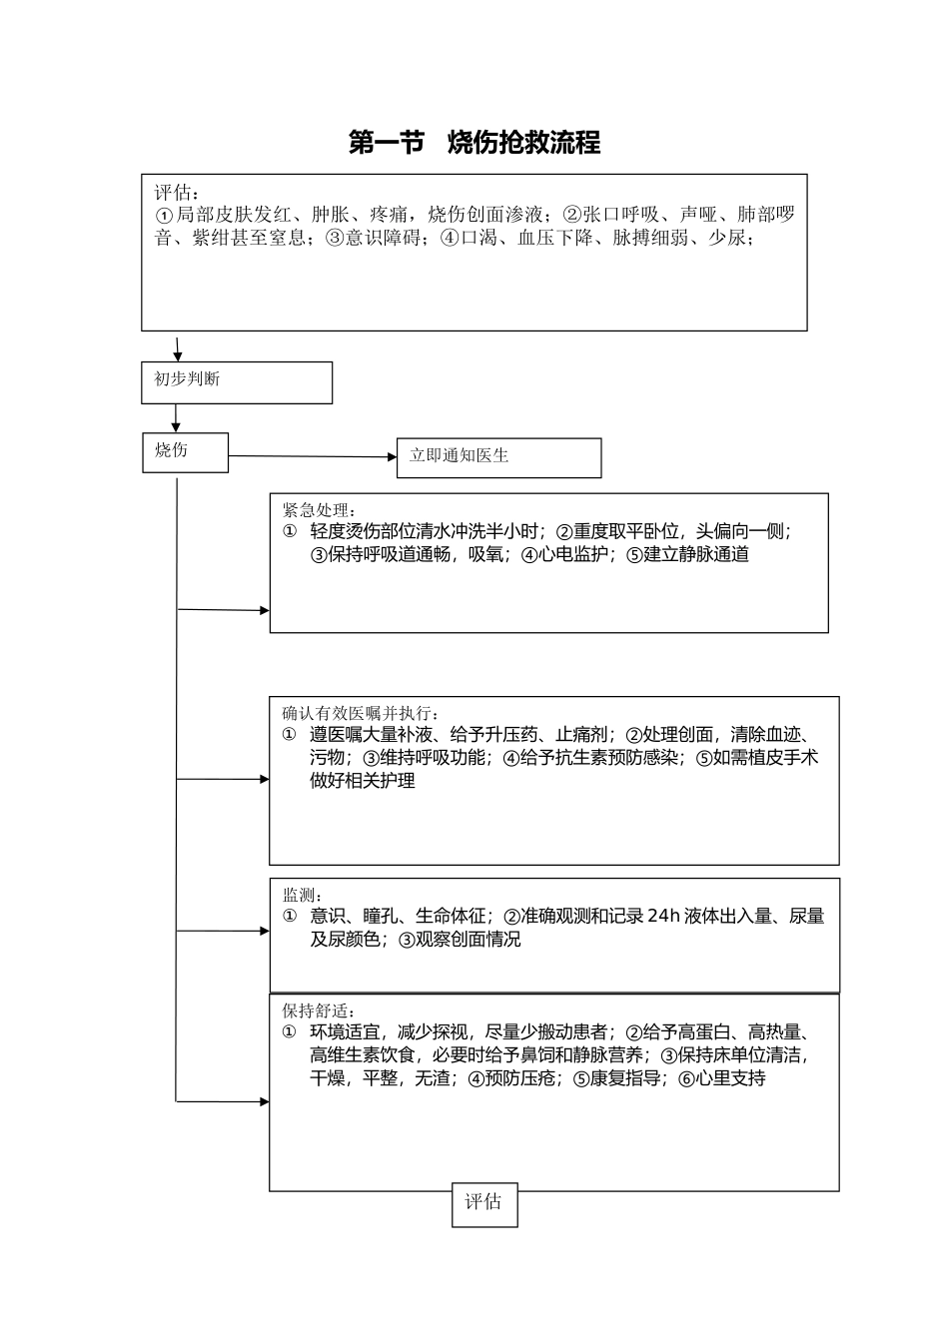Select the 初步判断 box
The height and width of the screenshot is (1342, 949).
[x=237, y=382]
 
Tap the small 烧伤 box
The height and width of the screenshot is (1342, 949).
[x=185, y=452]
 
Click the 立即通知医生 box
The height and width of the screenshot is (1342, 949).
[x=498, y=457]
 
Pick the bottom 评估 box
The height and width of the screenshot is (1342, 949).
[x=484, y=1203]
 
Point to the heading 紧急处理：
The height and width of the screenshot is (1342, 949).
[x=319, y=510]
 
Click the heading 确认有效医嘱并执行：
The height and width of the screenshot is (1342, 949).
[x=361, y=713]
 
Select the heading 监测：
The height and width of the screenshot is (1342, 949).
[x=303, y=895]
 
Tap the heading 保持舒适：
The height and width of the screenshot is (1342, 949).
[x=319, y=1010]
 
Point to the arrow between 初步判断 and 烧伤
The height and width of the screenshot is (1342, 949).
[x=176, y=417]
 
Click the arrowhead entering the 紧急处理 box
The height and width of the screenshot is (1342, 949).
[x=264, y=610]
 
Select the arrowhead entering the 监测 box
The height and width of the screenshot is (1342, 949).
[x=264, y=931]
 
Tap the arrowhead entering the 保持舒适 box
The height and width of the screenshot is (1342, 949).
[x=264, y=1101]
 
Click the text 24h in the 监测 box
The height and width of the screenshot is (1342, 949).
[x=663, y=916]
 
